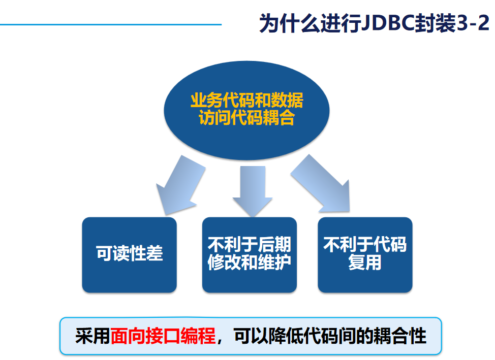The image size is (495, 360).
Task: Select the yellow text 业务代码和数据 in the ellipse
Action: point(246,100)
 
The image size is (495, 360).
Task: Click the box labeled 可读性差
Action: point(129,254)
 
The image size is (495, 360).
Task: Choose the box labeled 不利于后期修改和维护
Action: point(249,254)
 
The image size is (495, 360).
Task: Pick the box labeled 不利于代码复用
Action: point(364,254)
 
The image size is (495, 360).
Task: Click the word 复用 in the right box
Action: point(364,263)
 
